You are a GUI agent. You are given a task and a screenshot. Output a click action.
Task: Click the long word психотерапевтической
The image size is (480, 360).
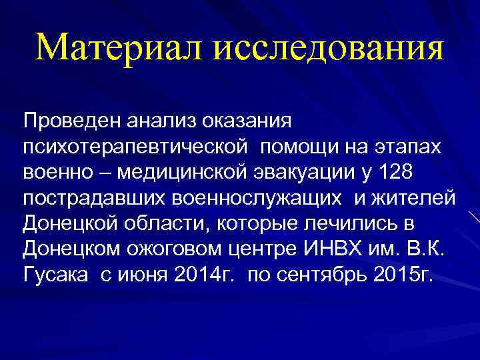pos(135,147)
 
